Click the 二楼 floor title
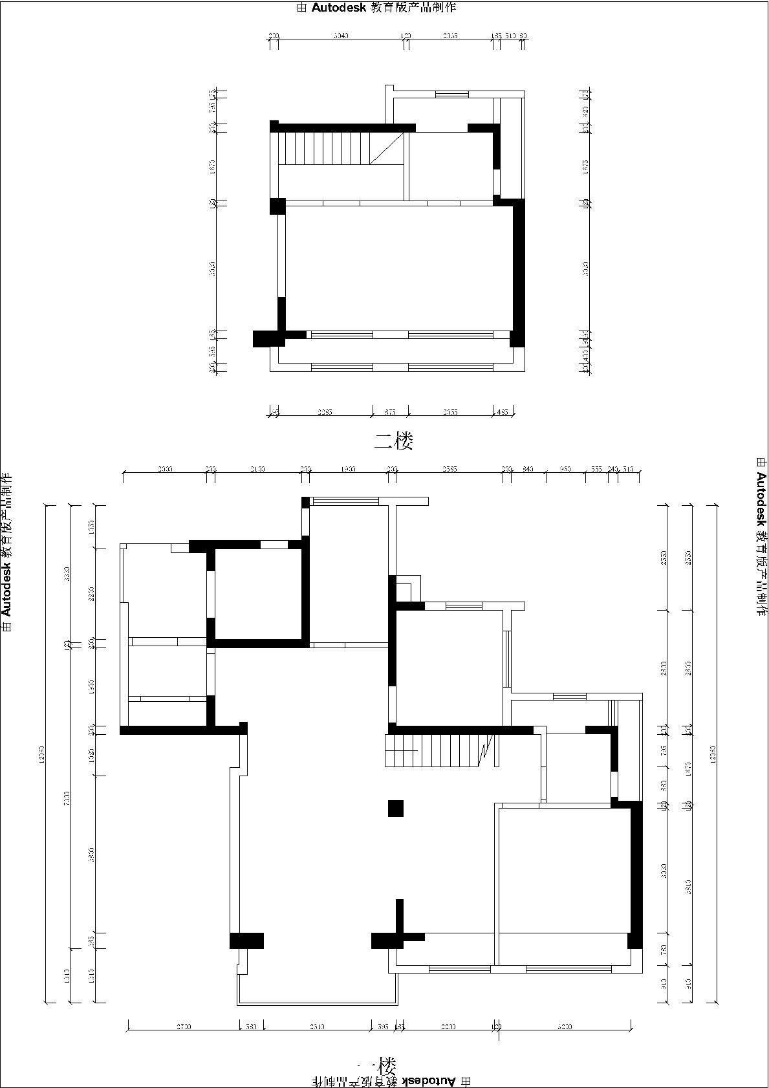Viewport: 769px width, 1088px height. (393, 441)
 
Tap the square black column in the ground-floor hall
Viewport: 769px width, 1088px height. (396, 809)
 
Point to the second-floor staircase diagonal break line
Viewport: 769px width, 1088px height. (387, 149)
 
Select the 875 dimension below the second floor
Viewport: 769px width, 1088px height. (390, 412)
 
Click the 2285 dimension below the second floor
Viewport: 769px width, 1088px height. (325, 412)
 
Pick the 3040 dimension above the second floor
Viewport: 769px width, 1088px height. (341, 36)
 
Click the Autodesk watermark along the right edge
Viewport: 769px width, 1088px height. (761, 537)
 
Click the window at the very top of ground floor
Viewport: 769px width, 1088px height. (345, 501)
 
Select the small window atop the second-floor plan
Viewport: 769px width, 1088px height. (451, 94)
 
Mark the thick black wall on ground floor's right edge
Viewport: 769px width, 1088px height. (636, 873)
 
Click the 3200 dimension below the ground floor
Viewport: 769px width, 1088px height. (565, 1027)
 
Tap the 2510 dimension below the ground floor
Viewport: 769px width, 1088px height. (317, 1027)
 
